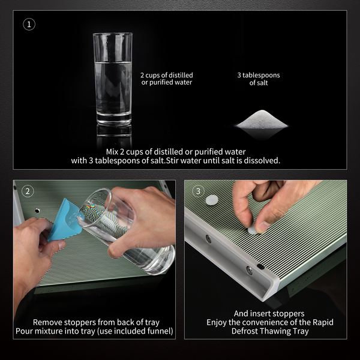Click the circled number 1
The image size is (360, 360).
[29, 25]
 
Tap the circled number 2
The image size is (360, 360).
[28, 191]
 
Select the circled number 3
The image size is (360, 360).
[198, 191]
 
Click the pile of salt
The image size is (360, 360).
[262, 119]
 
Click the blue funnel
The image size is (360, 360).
[65, 220]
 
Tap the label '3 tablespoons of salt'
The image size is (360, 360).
[259, 79]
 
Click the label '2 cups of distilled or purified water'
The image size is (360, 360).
[167, 79]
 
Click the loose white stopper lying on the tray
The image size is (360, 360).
[212, 200]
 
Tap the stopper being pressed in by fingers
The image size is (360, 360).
[253, 230]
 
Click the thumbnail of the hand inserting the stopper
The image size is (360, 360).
[263, 227]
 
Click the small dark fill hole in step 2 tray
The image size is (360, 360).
[37, 211]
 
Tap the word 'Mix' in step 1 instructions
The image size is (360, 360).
[112, 152]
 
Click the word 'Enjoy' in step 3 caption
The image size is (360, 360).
[216, 323]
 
